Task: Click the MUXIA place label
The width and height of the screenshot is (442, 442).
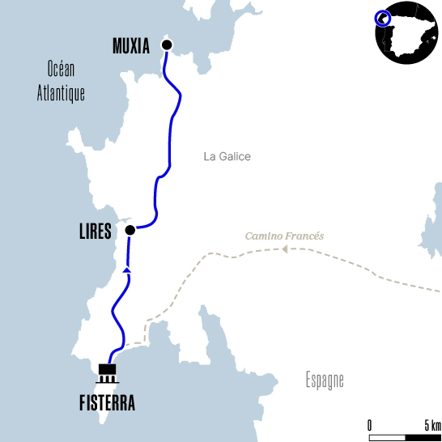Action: point(130,46)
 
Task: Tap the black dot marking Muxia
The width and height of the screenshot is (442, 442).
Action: point(167,45)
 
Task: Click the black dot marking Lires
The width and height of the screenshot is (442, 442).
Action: point(130,230)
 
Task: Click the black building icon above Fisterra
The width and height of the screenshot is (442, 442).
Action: point(108,373)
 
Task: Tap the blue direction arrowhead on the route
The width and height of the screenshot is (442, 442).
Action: point(126,270)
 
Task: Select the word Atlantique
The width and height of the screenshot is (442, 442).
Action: point(61,93)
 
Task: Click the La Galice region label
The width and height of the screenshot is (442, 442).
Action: point(227,156)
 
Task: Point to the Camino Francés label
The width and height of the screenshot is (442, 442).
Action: point(284,236)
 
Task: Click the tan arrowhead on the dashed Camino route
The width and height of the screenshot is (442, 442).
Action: point(285,249)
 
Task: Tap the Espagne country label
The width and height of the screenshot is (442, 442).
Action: point(325,379)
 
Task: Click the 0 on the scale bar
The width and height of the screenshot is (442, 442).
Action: point(370,426)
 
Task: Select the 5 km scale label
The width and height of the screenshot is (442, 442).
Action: point(432,426)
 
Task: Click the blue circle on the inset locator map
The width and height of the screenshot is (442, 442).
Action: point(383,18)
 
